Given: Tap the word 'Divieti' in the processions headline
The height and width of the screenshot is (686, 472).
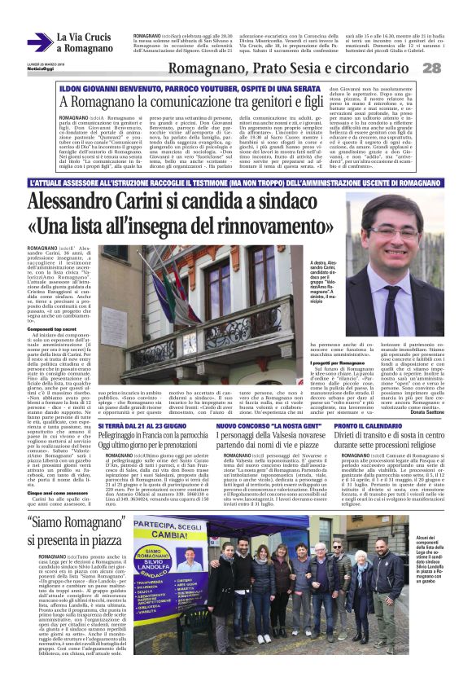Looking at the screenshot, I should (x=348, y=438).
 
